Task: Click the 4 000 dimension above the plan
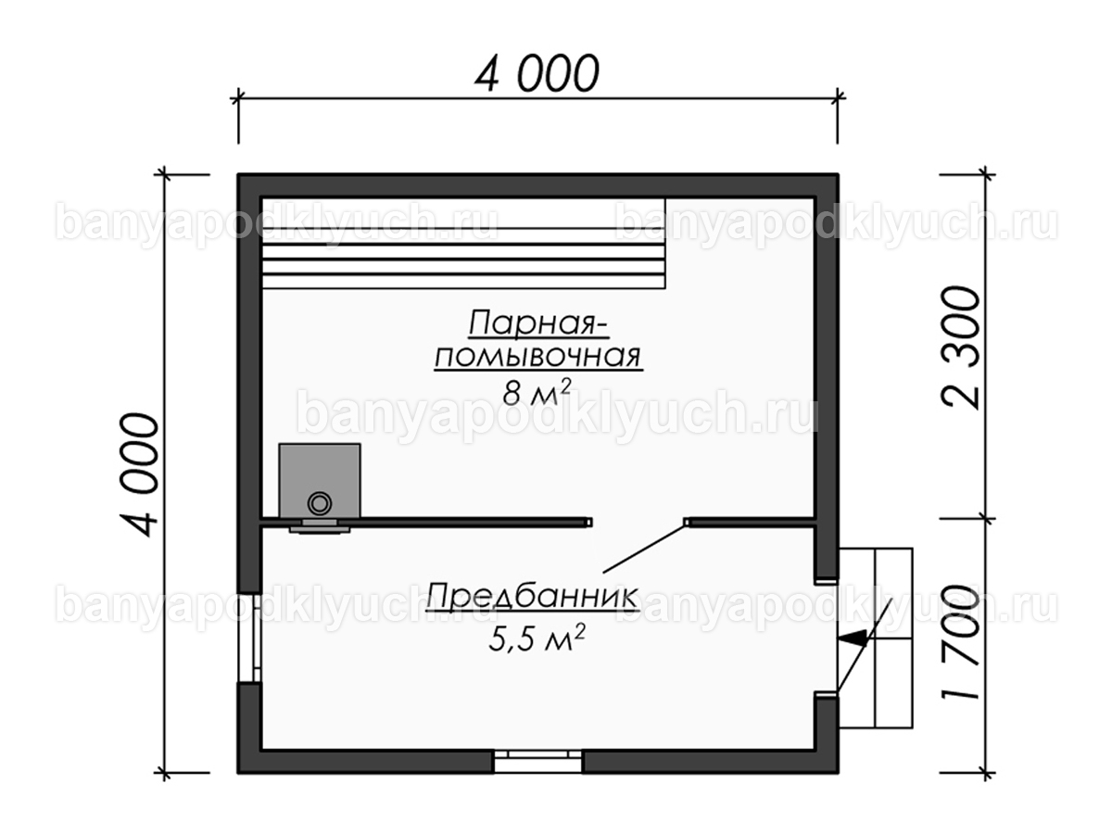click(x=537, y=74)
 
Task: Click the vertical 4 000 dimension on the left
click(x=139, y=474)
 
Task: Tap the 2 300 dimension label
click(x=961, y=347)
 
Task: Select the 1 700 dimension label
click(x=961, y=642)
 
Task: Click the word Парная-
click(x=538, y=323)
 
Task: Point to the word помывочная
click(x=538, y=357)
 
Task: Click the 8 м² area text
click(x=537, y=392)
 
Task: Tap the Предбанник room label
click(x=531, y=597)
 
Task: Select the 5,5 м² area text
click(x=537, y=638)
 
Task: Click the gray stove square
click(x=320, y=481)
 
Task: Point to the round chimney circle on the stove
click(x=320, y=503)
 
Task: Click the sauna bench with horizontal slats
click(x=463, y=243)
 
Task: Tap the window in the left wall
click(x=250, y=638)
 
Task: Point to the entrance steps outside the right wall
click(x=875, y=638)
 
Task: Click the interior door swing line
click(x=644, y=549)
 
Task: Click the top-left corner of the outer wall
click(x=238, y=174)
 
